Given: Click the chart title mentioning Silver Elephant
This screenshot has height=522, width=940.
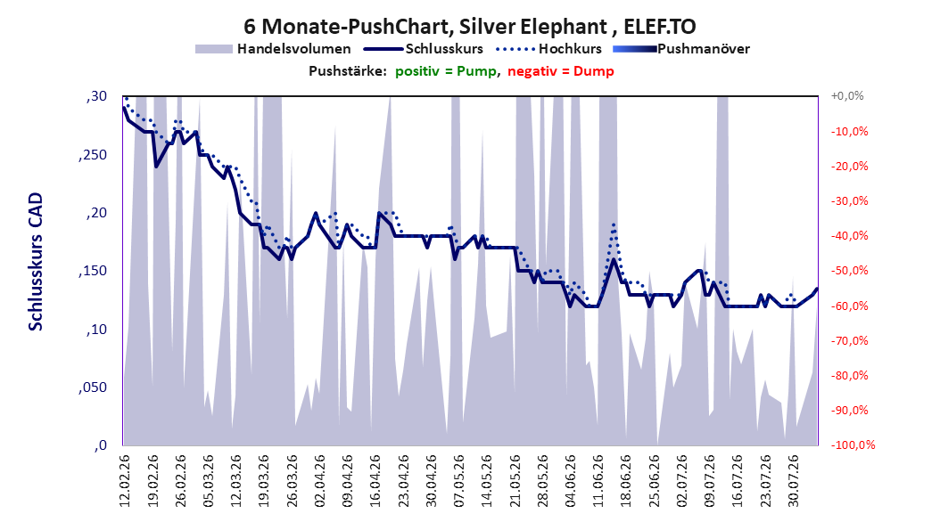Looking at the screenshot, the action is (x=469, y=27).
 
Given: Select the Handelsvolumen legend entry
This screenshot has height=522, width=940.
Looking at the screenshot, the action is (x=274, y=49).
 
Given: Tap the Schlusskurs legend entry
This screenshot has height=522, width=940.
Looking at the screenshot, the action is (x=424, y=49).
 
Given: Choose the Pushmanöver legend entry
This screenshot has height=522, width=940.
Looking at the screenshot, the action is (x=681, y=49).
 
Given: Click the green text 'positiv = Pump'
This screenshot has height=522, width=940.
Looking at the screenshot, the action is (x=446, y=71).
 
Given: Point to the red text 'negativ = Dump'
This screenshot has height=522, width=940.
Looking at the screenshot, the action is (x=561, y=71).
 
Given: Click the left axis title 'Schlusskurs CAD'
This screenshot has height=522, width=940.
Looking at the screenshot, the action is (x=36, y=262).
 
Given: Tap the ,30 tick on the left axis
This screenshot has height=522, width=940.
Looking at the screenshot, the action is (x=96, y=96).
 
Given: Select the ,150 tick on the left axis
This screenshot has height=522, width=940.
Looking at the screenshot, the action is (x=93, y=271).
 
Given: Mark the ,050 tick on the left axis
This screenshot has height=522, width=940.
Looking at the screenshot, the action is (x=93, y=387).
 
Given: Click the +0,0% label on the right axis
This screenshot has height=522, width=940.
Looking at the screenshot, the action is (x=847, y=96).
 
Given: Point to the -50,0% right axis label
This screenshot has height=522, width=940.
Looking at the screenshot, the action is (x=849, y=271).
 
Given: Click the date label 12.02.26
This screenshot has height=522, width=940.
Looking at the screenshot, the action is (x=125, y=481).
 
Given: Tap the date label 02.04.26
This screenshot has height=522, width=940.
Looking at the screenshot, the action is (x=320, y=481).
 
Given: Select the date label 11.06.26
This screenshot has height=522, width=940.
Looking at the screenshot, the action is (x=598, y=481).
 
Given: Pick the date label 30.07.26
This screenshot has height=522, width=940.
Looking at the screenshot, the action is (x=793, y=481).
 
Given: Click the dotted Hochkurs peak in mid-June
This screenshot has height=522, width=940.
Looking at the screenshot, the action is (x=614, y=224).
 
